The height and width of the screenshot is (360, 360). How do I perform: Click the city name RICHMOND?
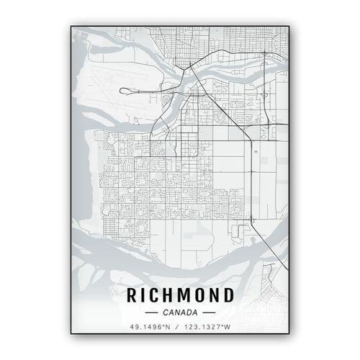click(x=180, y=295)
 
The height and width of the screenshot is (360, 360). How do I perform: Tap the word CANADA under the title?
click(x=180, y=313)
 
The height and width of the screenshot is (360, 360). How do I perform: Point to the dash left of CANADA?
click(x=151, y=314)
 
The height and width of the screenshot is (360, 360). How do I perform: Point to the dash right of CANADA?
click(x=209, y=314)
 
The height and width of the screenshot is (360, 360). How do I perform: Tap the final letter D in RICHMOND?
click(x=228, y=295)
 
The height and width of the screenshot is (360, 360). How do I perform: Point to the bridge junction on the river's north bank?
click(x=189, y=68)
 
